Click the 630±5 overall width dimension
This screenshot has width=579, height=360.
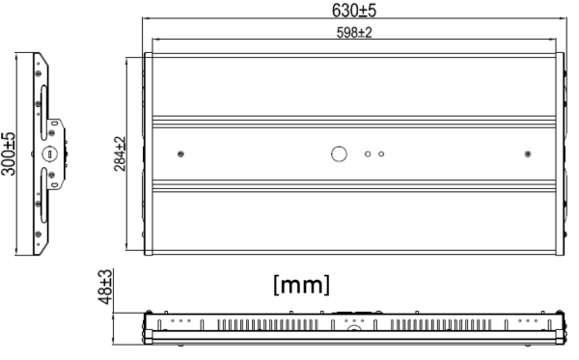[x=354, y=10]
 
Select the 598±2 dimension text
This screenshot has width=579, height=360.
[x=354, y=33]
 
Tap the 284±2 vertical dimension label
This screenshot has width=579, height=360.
[x=120, y=154]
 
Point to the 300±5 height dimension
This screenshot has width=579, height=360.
[x=9, y=153]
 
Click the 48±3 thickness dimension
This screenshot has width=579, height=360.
[x=105, y=287]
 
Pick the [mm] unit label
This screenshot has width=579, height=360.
[x=302, y=285]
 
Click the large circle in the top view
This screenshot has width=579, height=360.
[x=339, y=154]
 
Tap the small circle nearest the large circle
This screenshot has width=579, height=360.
[x=368, y=154]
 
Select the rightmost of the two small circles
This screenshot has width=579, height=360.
[x=381, y=154]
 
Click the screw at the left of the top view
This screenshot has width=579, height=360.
[x=180, y=154]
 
